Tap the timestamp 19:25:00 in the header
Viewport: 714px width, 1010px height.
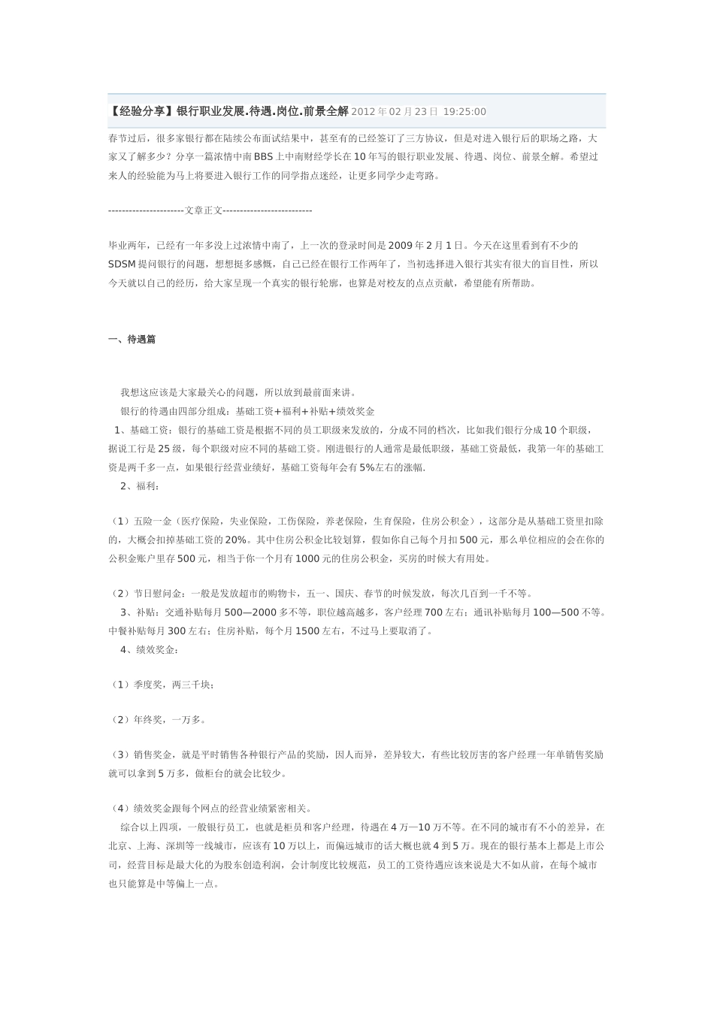(x=464, y=112)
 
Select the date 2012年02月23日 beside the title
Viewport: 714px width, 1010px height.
(x=394, y=112)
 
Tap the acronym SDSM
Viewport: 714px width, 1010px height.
(x=122, y=265)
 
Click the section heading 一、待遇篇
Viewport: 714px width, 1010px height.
(x=132, y=340)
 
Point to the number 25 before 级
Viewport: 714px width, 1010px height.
(x=164, y=449)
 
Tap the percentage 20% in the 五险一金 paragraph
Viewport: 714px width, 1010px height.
(x=235, y=540)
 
